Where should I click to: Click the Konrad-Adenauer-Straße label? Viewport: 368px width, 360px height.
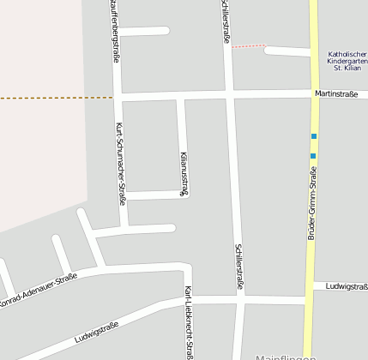pos(39,289)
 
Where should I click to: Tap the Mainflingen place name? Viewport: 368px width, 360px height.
pos(287,355)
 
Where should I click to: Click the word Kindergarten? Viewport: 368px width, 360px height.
pos(347,64)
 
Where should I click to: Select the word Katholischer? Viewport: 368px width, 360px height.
pos(347,55)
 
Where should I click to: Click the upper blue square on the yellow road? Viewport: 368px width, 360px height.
pos(314,136)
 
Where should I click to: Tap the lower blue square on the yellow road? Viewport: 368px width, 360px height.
pos(313,155)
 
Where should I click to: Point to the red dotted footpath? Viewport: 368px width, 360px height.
pos(249,46)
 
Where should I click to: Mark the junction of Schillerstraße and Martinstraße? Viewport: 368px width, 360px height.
pos(230,93)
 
